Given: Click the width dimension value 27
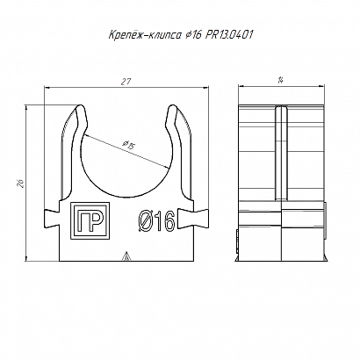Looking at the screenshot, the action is click(126, 82).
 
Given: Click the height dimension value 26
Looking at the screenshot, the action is click(21, 183).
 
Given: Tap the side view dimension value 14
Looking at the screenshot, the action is click(280, 81).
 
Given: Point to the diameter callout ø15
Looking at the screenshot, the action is click(128, 145).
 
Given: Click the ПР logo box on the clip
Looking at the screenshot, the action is click(90, 220).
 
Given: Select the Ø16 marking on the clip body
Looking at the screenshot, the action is click(156, 221).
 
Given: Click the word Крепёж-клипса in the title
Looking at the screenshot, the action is click(145, 35).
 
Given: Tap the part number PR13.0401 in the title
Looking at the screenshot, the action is click(229, 35).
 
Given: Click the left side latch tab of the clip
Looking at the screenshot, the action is click(52, 218).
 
